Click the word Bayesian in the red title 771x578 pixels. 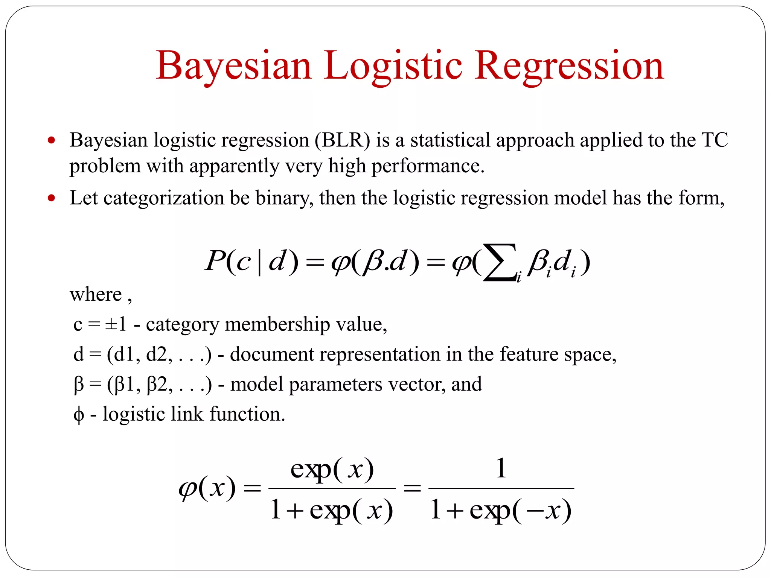234,66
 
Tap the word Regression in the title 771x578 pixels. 569,66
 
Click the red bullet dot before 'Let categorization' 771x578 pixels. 52,198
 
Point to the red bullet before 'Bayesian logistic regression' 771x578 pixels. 52,140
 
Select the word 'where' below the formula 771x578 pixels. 96,294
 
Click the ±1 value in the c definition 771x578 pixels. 116,324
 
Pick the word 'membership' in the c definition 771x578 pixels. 277,324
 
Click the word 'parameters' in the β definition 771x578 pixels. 335,384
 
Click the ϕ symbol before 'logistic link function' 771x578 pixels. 79,414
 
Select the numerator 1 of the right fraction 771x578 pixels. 501,468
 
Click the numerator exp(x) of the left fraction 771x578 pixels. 332,470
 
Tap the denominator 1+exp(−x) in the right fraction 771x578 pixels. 501,510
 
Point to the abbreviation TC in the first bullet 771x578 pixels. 715,140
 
